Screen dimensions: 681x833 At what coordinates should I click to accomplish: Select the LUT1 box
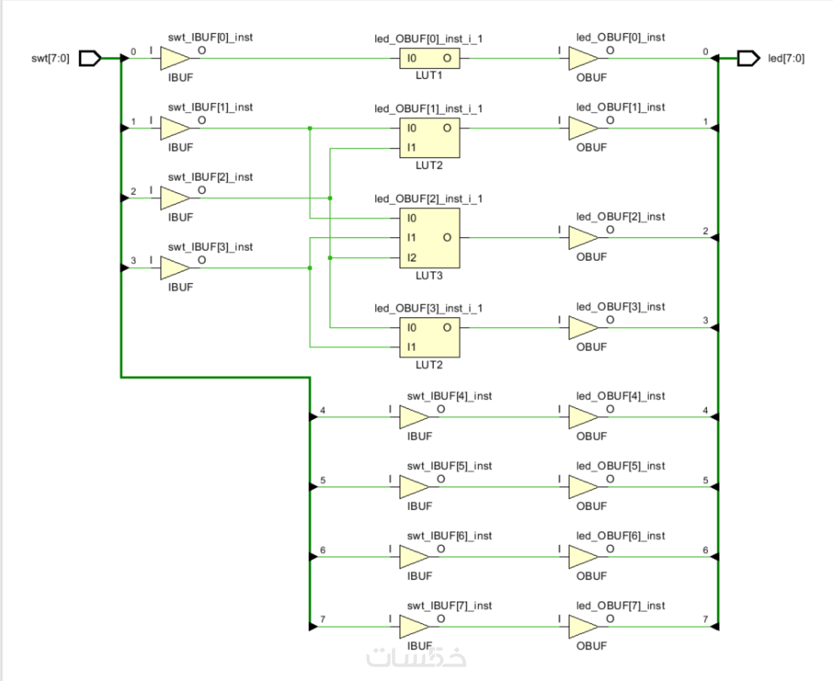click(429, 58)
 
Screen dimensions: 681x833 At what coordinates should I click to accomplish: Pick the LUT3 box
click(429, 238)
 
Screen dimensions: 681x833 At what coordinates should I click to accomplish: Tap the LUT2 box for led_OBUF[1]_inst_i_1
click(429, 138)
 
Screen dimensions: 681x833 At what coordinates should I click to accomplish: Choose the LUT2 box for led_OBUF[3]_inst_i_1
click(429, 337)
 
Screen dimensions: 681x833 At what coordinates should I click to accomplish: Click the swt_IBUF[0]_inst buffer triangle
click(174, 58)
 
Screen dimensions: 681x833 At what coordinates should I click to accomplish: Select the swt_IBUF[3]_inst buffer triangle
click(174, 268)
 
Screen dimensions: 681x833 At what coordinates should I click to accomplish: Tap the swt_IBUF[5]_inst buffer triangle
click(413, 487)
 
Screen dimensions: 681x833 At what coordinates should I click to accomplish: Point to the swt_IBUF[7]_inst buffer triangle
click(413, 627)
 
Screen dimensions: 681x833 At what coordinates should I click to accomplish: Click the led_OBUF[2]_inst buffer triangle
click(582, 238)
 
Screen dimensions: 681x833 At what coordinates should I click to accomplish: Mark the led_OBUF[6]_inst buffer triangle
click(582, 557)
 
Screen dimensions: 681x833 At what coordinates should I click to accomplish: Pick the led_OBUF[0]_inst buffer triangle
click(582, 58)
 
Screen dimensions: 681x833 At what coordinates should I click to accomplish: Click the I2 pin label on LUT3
click(412, 258)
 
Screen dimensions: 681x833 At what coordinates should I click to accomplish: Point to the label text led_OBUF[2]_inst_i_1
click(428, 199)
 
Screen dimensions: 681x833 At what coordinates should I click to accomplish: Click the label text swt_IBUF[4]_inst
click(449, 396)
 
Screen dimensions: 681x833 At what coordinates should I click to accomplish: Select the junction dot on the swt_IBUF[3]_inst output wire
click(310, 268)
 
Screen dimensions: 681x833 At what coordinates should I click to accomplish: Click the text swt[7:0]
click(50, 58)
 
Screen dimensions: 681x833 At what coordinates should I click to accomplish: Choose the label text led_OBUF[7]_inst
click(620, 606)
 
